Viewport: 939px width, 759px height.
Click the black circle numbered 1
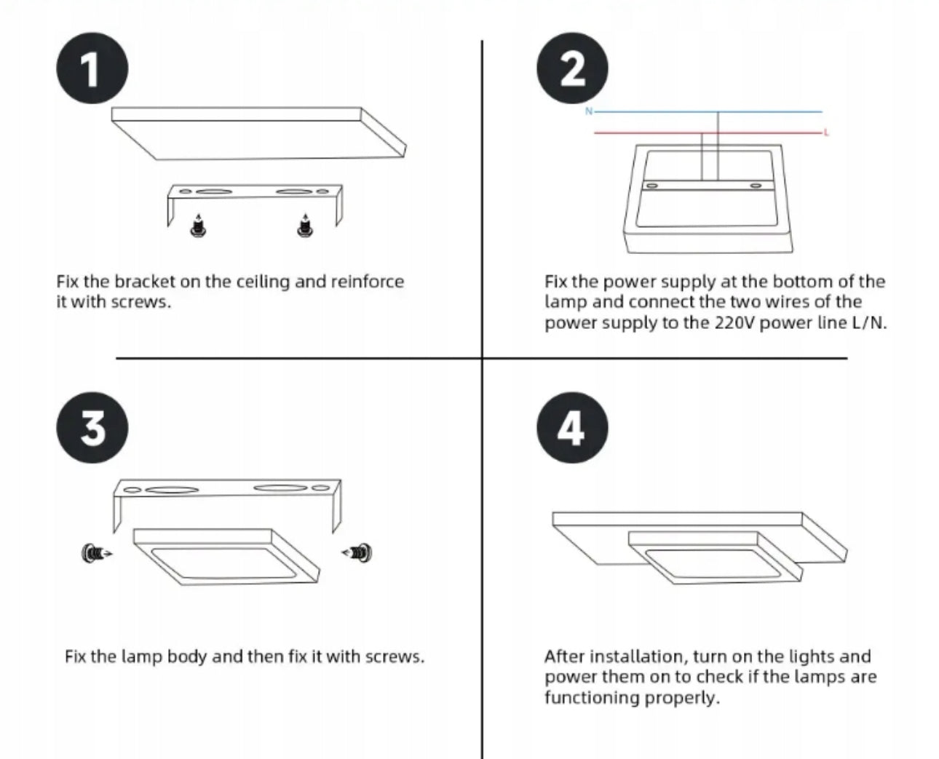tap(92, 68)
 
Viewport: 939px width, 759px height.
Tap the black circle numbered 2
tap(572, 68)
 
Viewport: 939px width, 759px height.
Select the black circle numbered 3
tap(92, 428)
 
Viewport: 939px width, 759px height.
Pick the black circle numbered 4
tap(572, 428)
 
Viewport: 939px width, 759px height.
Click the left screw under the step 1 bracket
tap(198, 226)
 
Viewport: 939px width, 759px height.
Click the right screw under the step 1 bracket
tap(305, 226)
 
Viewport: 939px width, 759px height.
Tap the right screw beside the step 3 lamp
tap(357, 552)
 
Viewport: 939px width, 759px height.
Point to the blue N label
tap(589, 111)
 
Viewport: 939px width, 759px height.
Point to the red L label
tap(826, 132)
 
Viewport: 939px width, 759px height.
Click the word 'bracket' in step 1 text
tap(145, 282)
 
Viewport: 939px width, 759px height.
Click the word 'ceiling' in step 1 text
tap(263, 282)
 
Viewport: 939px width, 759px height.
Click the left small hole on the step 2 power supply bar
tap(652, 186)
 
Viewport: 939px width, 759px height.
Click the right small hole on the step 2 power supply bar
tap(756, 186)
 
